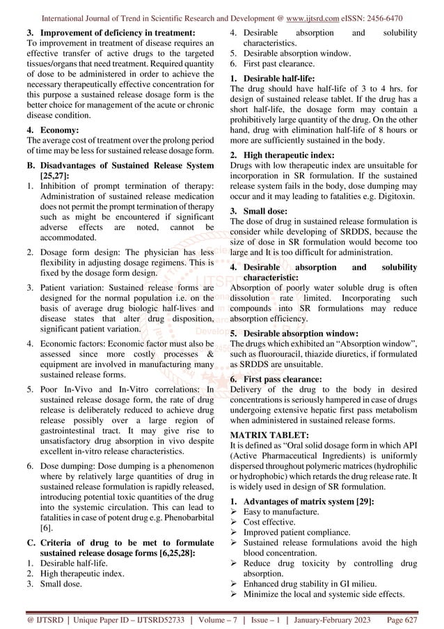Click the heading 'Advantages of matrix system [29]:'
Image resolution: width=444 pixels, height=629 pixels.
[299, 502]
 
